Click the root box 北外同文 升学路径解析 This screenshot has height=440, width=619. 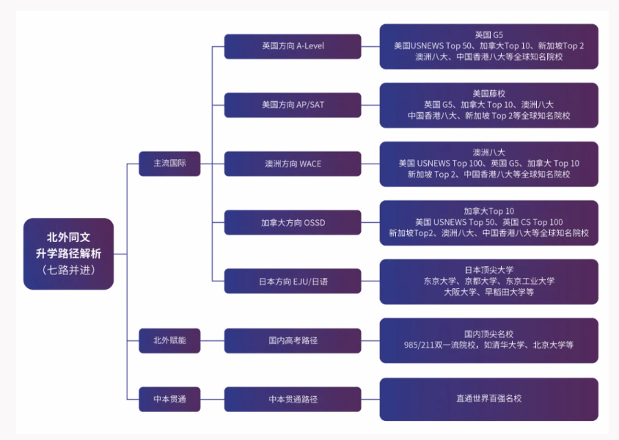pyautogui.click(x=68, y=253)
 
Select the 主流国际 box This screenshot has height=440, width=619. pyautogui.click(x=169, y=164)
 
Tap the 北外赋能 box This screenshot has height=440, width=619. pyautogui.click(x=169, y=340)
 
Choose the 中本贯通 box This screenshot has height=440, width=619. pyautogui.click(x=169, y=399)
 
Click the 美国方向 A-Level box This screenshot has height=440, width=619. pyautogui.click(x=293, y=46)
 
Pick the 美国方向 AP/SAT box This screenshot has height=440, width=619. pyautogui.click(x=293, y=105)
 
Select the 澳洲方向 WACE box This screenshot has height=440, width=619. pyautogui.click(x=293, y=164)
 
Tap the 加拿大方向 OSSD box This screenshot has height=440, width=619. pyautogui.click(x=293, y=222)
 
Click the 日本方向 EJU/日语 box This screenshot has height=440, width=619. pyautogui.click(x=293, y=281)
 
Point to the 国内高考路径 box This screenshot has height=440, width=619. pyautogui.click(x=293, y=340)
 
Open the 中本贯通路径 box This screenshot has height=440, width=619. pyautogui.click(x=293, y=399)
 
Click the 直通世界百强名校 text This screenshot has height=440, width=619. pyautogui.click(x=488, y=399)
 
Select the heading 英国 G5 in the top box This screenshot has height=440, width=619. pyautogui.click(x=488, y=34)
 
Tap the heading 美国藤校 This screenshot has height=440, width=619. pyautogui.click(x=488, y=93)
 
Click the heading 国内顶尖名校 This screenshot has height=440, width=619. pyautogui.click(x=488, y=334)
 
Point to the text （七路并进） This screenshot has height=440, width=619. pyautogui.click(x=68, y=270)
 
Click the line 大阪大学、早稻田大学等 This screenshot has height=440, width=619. pyautogui.click(x=488, y=292)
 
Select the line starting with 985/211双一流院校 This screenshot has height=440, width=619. pyautogui.click(x=488, y=345)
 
